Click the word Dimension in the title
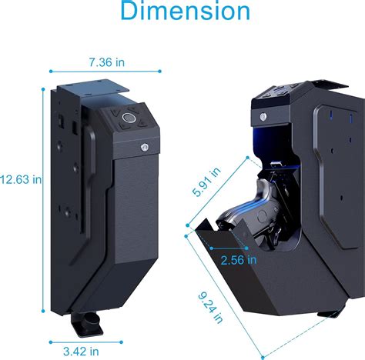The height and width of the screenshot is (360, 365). pos(186,13)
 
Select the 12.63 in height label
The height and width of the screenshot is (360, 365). pos(21,179)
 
